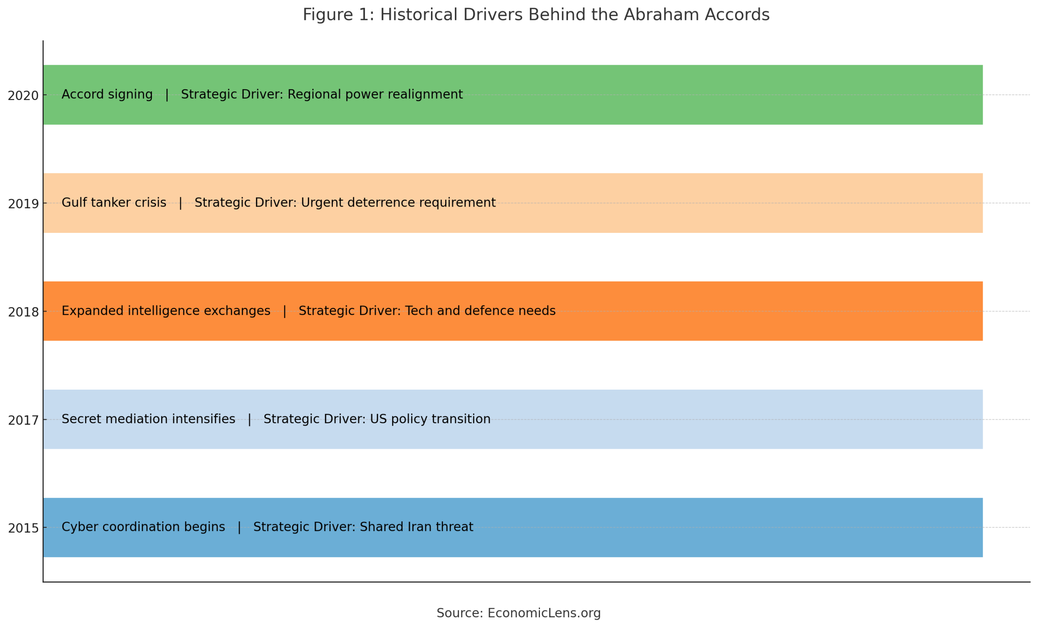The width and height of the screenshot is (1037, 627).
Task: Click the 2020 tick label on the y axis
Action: pyautogui.click(x=23, y=96)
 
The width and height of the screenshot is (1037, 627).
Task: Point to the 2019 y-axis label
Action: pyautogui.click(x=23, y=204)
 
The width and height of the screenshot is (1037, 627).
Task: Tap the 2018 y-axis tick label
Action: pyautogui.click(x=23, y=312)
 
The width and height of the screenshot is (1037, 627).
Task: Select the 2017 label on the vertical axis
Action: pyautogui.click(x=23, y=420)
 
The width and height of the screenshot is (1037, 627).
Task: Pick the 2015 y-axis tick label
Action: pyautogui.click(x=23, y=529)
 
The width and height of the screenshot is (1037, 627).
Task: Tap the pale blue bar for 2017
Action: pyautogui.click(x=715, y=420)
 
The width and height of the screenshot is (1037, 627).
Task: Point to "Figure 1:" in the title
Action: pyautogui.click(x=338, y=15)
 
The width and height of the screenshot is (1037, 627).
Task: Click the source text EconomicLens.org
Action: pyautogui.click(x=544, y=613)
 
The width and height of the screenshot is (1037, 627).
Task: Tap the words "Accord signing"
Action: pyautogui.click(x=107, y=94)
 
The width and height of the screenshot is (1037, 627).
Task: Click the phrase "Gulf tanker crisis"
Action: pyautogui.click(x=114, y=203)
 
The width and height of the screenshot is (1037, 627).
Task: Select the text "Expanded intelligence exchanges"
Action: pyautogui.click(x=166, y=311)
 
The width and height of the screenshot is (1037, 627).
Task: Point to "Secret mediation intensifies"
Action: pyautogui.click(x=148, y=419)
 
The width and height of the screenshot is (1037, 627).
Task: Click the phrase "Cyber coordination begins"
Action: pyautogui.click(x=143, y=527)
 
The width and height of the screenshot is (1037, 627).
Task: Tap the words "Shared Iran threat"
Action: pyautogui.click(x=416, y=527)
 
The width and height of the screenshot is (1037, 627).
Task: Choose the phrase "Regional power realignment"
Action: pyautogui.click(x=375, y=94)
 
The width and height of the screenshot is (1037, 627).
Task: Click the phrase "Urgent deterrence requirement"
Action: pyautogui.click(x=398, y=203)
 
